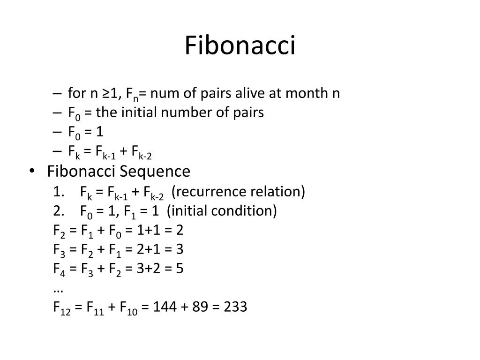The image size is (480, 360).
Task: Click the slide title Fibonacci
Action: point(240,46)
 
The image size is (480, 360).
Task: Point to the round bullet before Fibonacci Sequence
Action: point(31,172)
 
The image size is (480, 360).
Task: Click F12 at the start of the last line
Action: point(61,308)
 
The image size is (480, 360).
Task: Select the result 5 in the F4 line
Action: point(180,269)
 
